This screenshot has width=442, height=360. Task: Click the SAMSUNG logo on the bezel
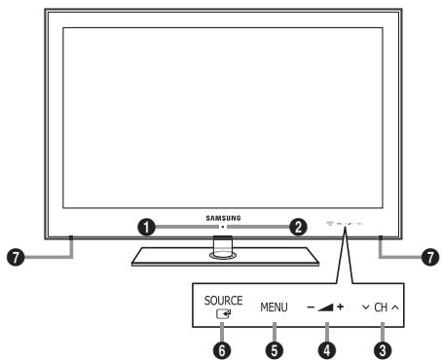point(222,219)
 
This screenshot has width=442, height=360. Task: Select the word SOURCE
point(223,301)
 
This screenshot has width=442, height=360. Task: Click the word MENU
point(275,307)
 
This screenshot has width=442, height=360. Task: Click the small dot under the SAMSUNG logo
point(222,226)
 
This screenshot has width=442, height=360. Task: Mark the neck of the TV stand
point(222,249)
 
